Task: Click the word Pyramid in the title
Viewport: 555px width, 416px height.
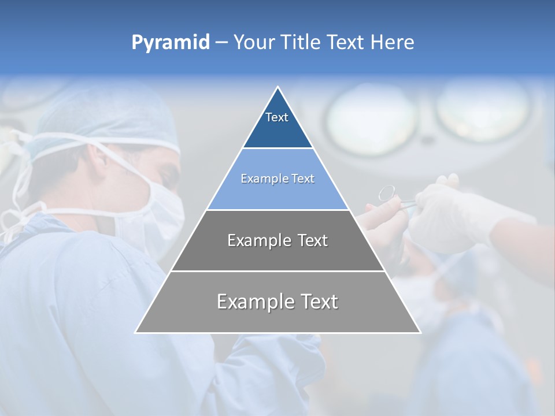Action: tap(170, 42)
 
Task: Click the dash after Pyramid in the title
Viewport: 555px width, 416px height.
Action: tap(221, 43)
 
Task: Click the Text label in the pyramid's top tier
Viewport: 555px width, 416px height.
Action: tap(277, 117)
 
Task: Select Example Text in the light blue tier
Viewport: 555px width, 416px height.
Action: tap(277, 179)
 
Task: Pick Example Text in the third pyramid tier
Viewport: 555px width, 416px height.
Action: tap(277, 240)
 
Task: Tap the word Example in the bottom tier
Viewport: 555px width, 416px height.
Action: tap(253, 302)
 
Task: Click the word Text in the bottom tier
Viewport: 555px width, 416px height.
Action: tap(318, 302)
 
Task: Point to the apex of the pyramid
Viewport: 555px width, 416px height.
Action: tap(278, 88)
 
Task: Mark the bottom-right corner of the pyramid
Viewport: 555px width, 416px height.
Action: tap(420, 332)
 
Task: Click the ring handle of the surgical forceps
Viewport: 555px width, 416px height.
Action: tap(387, 193)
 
